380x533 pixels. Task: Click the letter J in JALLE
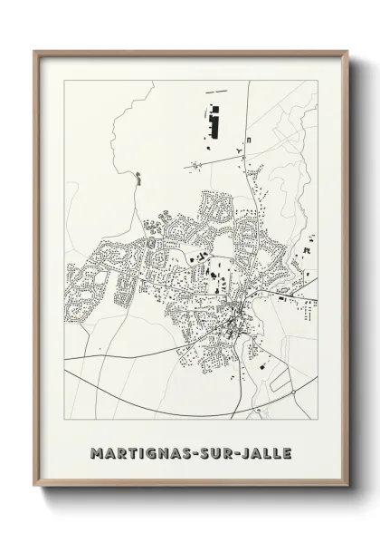coord(242,451)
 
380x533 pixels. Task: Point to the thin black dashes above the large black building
coord(217,92)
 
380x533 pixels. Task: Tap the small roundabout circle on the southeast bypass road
coord(293,392)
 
